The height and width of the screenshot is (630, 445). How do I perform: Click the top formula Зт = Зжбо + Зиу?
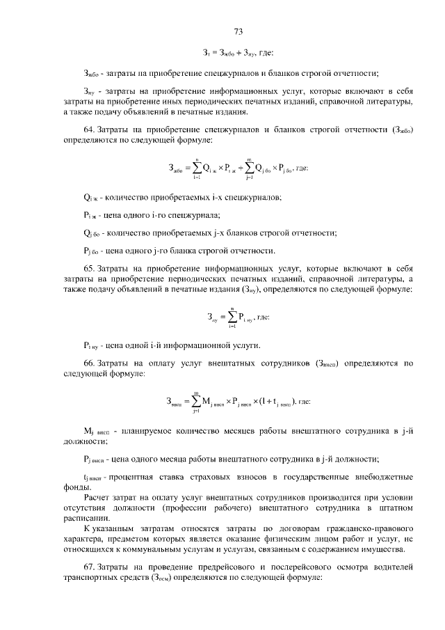[x=238, y=54]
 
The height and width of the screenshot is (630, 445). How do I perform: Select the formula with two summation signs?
[x=236, y=168]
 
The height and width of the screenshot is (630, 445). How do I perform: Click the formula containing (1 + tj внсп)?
[x=237, y=402]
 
